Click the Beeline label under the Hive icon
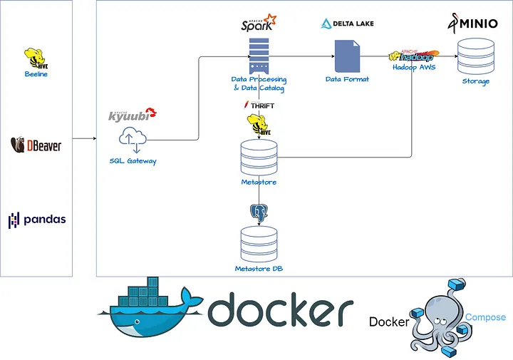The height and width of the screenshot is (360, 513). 36,74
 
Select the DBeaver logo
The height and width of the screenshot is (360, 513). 36,145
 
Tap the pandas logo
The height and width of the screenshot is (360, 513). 37,220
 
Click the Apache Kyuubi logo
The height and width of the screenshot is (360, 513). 132,114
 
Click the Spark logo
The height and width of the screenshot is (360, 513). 259,24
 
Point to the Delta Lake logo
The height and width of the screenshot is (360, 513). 348,24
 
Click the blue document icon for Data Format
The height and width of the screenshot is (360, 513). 347,56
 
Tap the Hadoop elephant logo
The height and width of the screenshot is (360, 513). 415,55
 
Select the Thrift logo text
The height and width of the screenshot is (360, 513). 259,106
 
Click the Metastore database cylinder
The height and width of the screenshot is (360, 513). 259,158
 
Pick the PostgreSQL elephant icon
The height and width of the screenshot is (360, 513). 259,212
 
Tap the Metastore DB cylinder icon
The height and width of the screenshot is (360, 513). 259,244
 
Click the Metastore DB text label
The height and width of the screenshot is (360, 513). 259,269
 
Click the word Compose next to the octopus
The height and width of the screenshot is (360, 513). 485,317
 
